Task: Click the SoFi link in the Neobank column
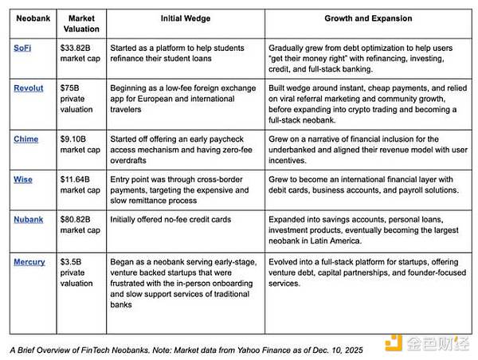coord(22,48)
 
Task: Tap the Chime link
coord(25,139)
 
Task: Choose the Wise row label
coord(23,179)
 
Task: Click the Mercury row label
coord(29,261)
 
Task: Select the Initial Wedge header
coord(185,18)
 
